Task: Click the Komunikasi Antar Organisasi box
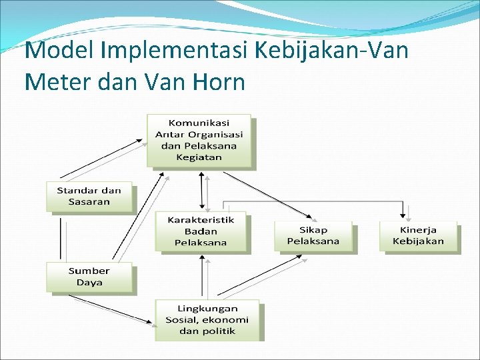coord(199,140)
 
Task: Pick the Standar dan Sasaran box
coord(89,197)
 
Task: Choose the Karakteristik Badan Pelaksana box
coord(201,231)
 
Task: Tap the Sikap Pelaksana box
coord(313,235)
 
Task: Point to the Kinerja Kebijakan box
coord(418,235)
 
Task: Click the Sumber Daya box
coord(89,277)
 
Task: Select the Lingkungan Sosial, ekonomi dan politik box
coord(207,320)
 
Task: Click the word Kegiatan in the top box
coord(199,158)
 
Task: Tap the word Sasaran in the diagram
coord(89,202)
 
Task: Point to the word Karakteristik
coord(201,220)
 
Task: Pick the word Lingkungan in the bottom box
coord(207,309)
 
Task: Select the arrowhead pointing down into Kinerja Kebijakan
coord(403,215)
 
